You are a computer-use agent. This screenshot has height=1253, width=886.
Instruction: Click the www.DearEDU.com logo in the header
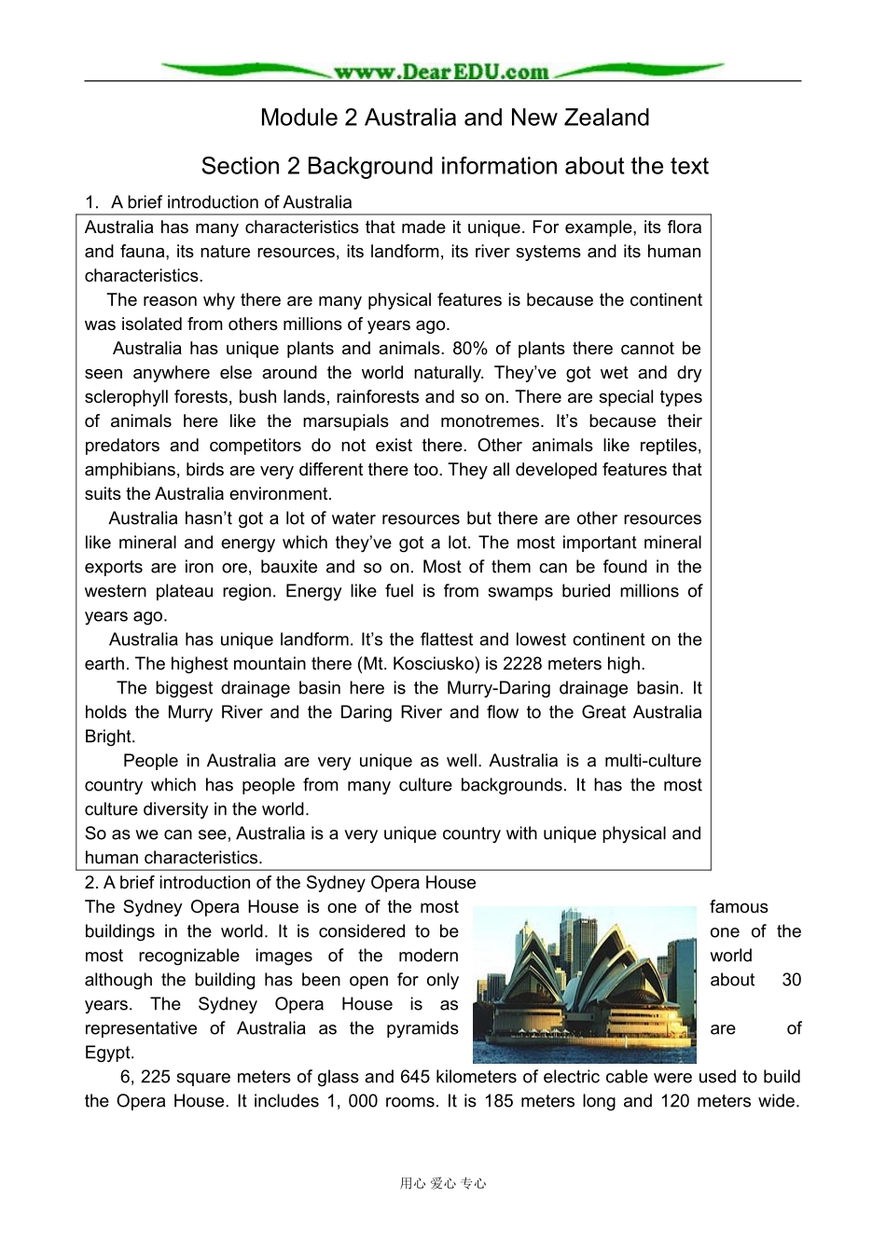click(x=441, y=71)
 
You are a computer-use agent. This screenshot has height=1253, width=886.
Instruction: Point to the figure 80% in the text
click(x=469, y=349)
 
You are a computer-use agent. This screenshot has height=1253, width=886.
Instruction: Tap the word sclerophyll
click(x=129, y=397)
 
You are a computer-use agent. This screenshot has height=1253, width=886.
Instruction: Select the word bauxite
click(x=283, y=567)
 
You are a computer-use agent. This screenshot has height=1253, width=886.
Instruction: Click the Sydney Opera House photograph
click(x=585, y=984)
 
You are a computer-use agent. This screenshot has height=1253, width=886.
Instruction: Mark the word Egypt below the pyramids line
click(x=107, y=1053)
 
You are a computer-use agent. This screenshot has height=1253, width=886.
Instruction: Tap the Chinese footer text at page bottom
click(x=443, y=1183)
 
